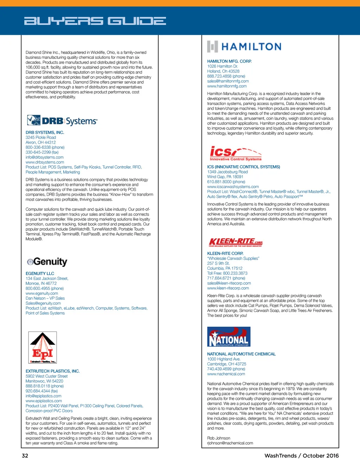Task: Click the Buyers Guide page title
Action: (95, 21)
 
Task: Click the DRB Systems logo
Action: (62, 121)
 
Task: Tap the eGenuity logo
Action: (47, 262)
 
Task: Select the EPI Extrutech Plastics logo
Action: (43, 347)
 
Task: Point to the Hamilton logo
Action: (244, 46)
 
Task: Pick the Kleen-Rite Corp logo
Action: (236, 242)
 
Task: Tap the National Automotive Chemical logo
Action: (229, 337)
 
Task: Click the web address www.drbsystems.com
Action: (45, 162)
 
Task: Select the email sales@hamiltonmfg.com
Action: (228, 81)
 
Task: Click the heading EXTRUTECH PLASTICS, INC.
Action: (53, 371)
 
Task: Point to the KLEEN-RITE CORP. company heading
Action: (225, 253)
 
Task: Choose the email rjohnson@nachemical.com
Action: (230, 443)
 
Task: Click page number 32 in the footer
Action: (25, 456)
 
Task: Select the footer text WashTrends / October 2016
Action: (302, 456)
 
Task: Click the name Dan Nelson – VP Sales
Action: (45, 298)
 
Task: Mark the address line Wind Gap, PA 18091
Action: (225, 177)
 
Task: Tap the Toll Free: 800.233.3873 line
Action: (227, 273)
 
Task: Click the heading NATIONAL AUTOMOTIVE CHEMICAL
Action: (241, 354)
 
